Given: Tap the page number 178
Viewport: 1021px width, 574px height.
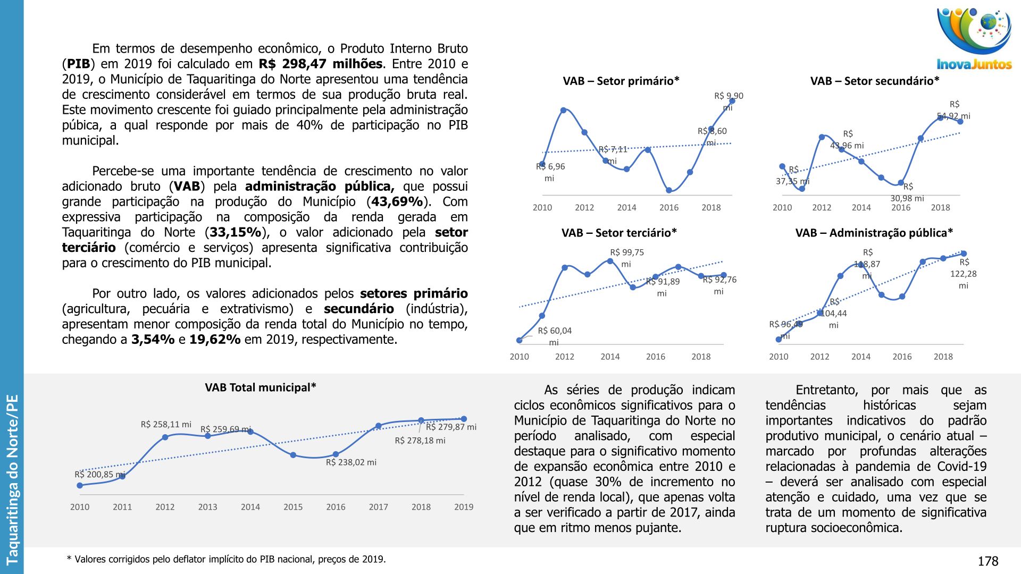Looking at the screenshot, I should pyautogui.click(x=987, y=561).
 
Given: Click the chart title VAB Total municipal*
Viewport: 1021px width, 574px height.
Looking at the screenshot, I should pyautogui.click(x=261, y=387).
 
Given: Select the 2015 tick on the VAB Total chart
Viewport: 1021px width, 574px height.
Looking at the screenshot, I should pyautogui.click(x=293, y=507).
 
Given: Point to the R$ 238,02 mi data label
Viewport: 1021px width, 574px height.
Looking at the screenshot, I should pyautogui.click(x=351, y=462).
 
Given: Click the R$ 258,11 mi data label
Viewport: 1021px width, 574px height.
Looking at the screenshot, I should pyautogui.click(x=166, y=424).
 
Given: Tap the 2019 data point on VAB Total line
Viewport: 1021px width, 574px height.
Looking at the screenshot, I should pyautogui.click(x=464, y=419).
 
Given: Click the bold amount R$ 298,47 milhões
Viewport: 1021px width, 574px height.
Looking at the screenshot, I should pyautogui.click(x=321, y=64).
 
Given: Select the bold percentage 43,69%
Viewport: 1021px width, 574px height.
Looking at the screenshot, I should pyautogui.click(x=397, y=202).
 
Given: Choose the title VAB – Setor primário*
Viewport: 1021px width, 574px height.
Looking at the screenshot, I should pyautogui.click(x=621, y=81).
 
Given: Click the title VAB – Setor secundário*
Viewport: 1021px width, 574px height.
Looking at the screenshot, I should pyautogui.click(x=875, y=81).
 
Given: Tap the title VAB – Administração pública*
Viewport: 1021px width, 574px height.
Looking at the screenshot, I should pyautogui.click(x=874, y=233).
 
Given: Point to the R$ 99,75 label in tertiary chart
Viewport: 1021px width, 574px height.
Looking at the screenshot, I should pyautogui.click(x=627, y=253).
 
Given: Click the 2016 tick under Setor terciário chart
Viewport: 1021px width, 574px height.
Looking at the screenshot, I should pyautogui.click(x=656, y=357).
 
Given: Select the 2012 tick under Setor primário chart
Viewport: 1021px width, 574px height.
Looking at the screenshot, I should pyautogui.click(x=584, y=207).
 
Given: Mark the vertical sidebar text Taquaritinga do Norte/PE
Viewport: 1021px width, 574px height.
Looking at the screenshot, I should pyautogui.click(x=12, y=479).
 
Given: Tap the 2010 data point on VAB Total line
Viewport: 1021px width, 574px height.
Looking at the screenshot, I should pyautogui.click(x=80, y=485).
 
